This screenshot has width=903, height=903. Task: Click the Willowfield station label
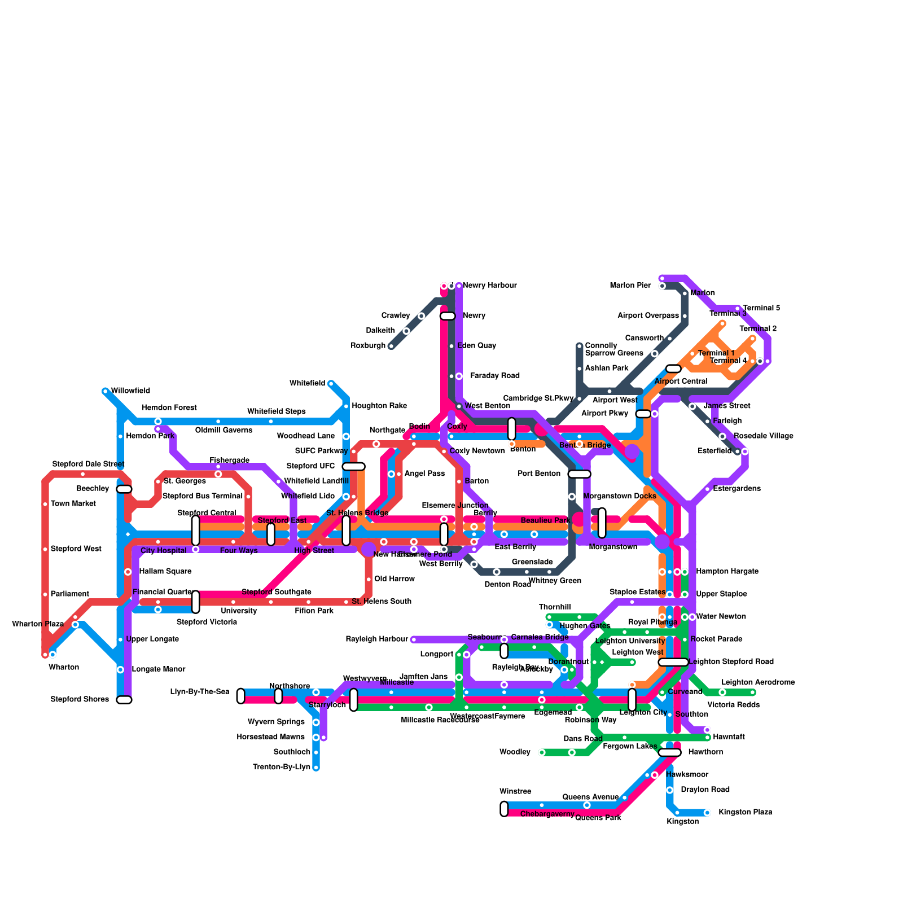point(130,391)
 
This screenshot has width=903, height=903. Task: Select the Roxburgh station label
point(368,345)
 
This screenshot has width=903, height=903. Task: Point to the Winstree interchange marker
point(504,809)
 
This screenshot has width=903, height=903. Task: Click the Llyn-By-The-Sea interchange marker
point(241,696)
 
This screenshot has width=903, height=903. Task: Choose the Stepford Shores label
point(80,699)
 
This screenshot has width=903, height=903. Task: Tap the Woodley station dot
point(542,752)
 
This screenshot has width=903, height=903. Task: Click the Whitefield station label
point(307,383)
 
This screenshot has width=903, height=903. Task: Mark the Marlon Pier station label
point(630,286)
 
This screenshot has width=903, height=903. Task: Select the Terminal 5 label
point(761,308)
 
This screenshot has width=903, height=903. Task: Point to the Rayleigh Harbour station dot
point(414,639)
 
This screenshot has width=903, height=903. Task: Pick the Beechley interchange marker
point(124,489)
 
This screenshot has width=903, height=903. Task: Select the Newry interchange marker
point(448,315)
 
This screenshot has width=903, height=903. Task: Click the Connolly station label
point(601,345)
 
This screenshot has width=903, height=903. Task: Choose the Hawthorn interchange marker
point(670,752)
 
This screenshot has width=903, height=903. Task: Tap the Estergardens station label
point(737,489)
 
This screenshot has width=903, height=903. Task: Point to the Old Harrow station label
point(394,579)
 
